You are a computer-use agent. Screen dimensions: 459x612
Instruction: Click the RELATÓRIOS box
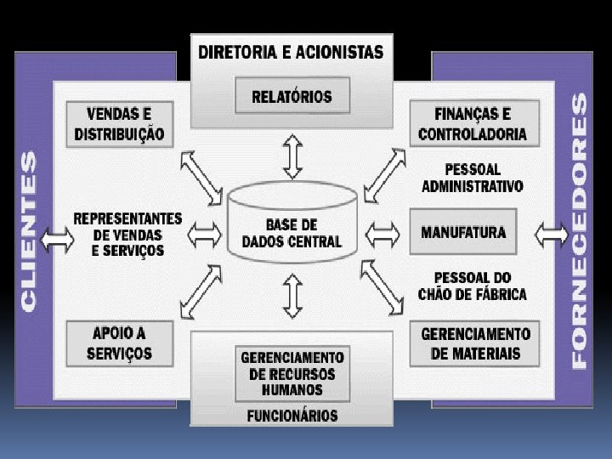tap(292, 96)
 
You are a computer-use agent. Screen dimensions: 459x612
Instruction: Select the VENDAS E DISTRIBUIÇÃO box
tap(119, 124)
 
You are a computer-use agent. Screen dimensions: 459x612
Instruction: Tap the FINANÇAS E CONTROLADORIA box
tap(473, 124)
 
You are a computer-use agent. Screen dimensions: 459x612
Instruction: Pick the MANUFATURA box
tap(463, 231)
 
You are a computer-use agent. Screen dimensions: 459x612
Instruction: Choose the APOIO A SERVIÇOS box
tap(119, 343)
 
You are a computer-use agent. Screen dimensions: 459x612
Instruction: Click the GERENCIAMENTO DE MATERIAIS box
tap(475, 343)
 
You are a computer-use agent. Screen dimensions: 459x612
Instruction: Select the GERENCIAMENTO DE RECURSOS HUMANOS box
tap(292, 373)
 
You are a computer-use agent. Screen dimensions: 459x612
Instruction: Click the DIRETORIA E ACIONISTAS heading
tap(291, 52)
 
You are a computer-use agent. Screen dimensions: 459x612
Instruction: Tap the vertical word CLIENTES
tap(29, 229)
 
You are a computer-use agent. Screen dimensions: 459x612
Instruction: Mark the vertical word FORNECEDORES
tap(579, 229)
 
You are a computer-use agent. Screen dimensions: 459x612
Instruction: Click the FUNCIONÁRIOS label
tap(292, 416)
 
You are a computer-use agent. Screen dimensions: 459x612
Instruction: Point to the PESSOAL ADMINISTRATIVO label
tap(473, 178)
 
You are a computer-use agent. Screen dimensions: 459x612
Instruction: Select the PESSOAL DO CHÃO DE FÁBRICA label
tap(473, 286)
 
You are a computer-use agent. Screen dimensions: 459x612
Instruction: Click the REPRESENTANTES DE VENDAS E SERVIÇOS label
tap(127, 234)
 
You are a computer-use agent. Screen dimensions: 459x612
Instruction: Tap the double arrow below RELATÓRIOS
tap(292, 156)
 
